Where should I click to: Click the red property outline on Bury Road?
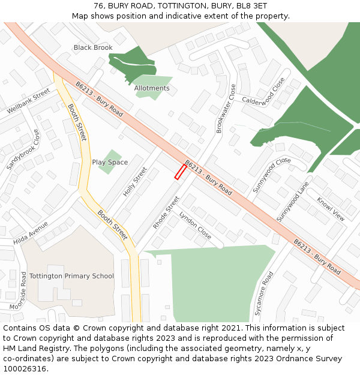(180, 172)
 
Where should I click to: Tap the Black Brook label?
(93, 47)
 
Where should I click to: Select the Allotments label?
(152, 88)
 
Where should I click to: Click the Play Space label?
(110, 162)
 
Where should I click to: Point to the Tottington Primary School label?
(71, 276)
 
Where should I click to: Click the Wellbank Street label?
(28, 101)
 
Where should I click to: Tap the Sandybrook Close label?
(24, 149)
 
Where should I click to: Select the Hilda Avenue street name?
(31, 233)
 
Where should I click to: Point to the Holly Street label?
(135, 182)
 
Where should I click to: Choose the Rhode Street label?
(166, 212)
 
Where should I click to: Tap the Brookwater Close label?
(226, 109)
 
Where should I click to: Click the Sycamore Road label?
(263, 293)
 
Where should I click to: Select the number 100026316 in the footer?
(23, 368)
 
